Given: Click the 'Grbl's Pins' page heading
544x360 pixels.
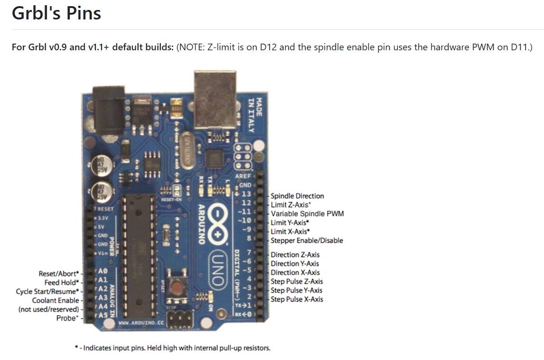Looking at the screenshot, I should [x=56, y=13].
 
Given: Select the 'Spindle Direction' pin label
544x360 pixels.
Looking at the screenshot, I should [x=297, y=196].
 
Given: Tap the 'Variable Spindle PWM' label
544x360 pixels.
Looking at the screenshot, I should [x=307, y=214].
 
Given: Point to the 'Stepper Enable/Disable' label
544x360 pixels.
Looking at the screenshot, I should [x=307, y=240].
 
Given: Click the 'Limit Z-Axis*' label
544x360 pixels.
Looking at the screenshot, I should [x=291, y=205].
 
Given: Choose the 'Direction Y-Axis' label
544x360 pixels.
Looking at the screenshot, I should [x=295, y=264].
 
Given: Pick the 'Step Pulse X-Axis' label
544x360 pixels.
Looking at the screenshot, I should [x=297, y=299].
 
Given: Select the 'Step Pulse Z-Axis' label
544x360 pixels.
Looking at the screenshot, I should [x=297, y=282].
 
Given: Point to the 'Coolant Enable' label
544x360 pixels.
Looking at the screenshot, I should [x=56, y=301].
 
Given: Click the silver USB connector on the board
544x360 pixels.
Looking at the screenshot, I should [x=215, y=101].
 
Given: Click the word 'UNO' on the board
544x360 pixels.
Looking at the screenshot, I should [x=217, y=268].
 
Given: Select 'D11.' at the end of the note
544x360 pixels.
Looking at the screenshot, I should [x=522, y=47].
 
